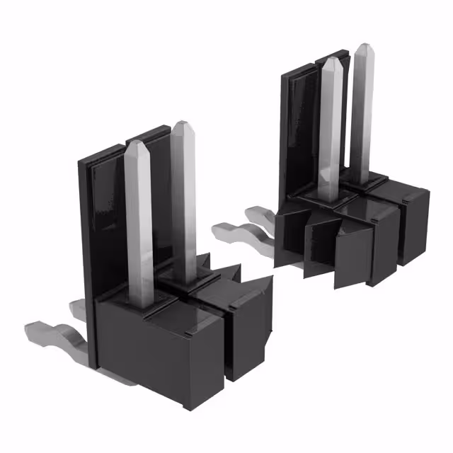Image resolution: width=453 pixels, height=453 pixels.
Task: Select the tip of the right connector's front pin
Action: click(x=331, y=64)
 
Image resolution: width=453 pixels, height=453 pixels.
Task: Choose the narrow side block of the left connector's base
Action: click(x=248, y=333)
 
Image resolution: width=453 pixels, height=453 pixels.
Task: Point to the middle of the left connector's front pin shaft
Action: click(x=140, y=226)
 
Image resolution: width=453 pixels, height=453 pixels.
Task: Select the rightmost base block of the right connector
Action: click(x=414, y=226)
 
